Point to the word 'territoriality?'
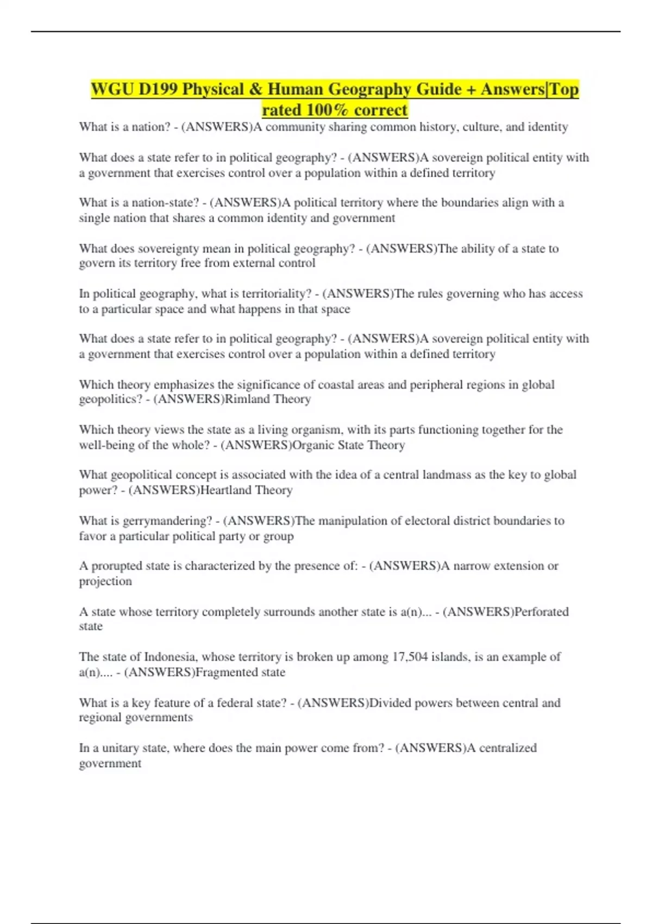(280, 294)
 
